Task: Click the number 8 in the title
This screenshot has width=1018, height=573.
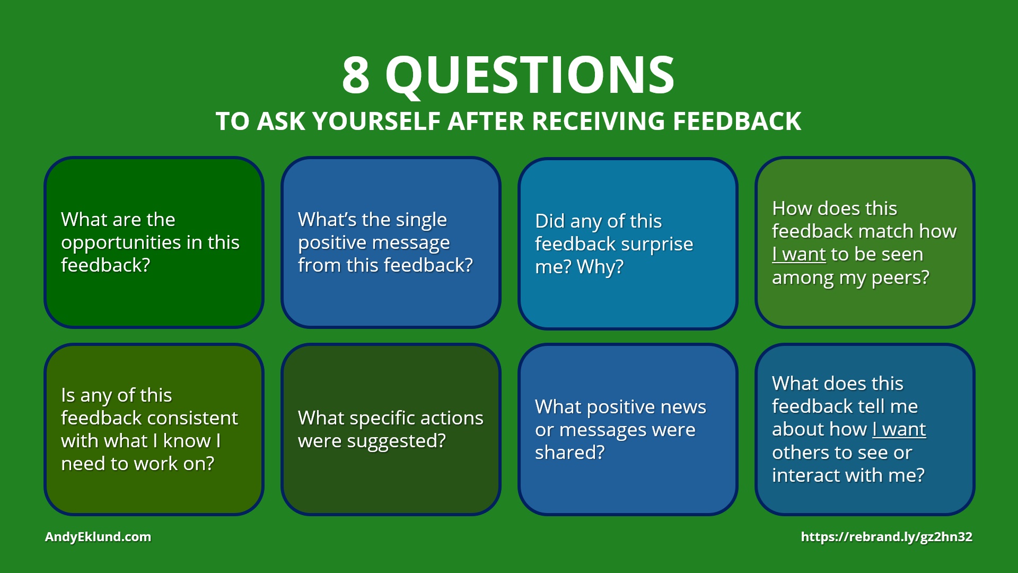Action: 356,75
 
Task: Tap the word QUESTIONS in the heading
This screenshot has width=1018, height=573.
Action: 530,75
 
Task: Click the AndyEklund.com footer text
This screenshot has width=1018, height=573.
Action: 98,537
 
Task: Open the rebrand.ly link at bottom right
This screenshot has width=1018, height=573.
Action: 887,537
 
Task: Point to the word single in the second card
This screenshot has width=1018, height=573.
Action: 421,220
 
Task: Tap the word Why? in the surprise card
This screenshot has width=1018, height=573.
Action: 600,267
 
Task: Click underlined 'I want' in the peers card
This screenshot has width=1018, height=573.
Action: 799,255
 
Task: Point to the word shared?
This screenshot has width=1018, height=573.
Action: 569,453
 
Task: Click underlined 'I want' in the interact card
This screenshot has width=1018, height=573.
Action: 899,429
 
